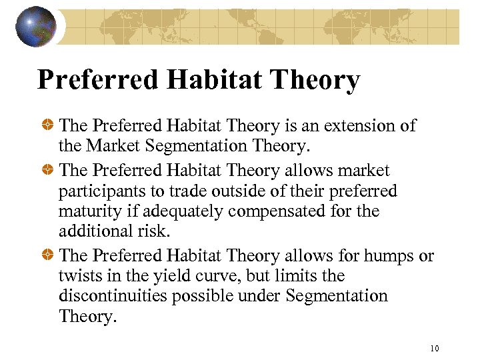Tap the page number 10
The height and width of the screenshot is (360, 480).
[x=435, y=348]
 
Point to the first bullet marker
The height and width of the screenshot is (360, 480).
[x=48, y=126]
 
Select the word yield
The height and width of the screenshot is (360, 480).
[x=170, y=276]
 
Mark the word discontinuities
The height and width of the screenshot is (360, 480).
[x=113, y=295]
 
